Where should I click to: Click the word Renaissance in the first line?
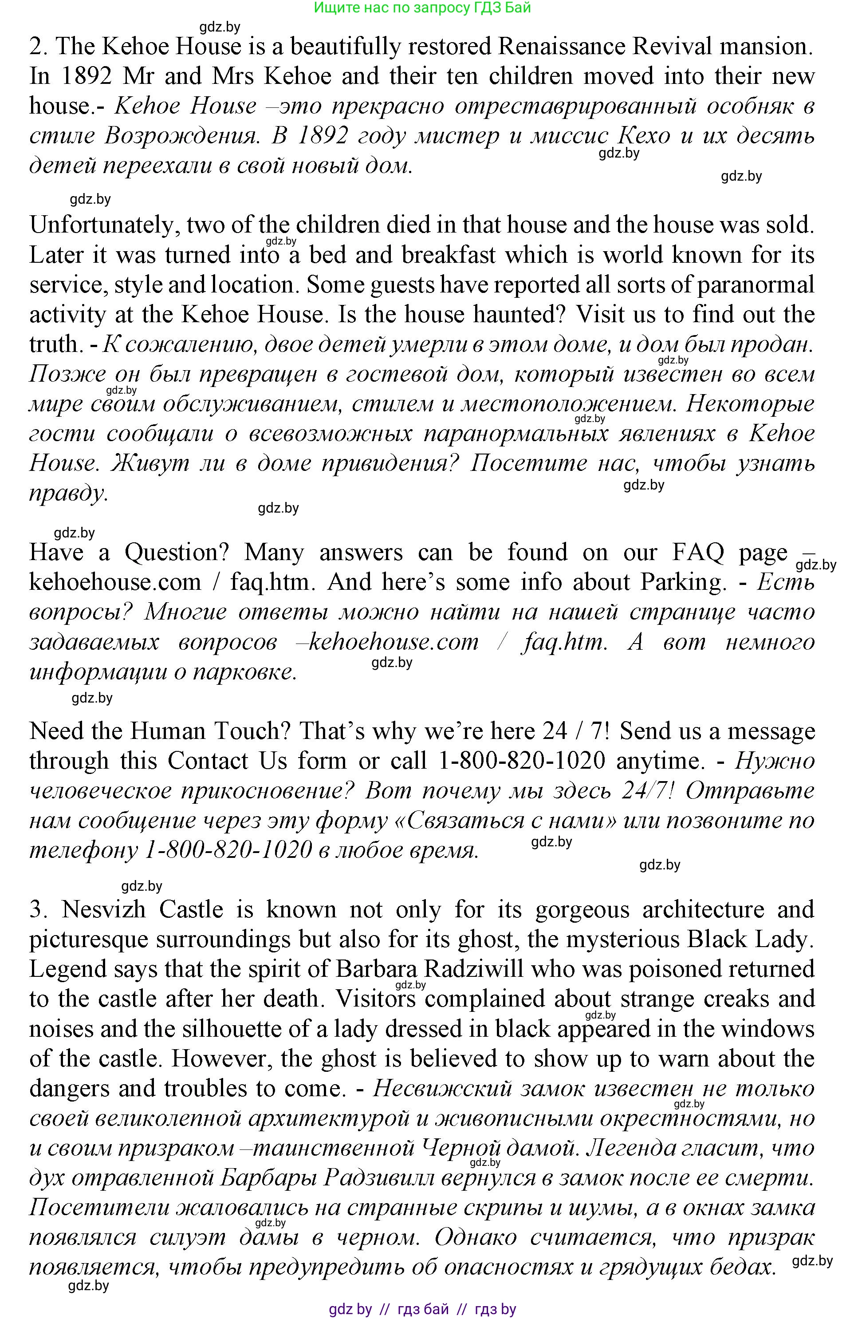pos(561,47)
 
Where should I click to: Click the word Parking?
pos(683,582)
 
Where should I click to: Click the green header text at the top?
pos(422,8)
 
